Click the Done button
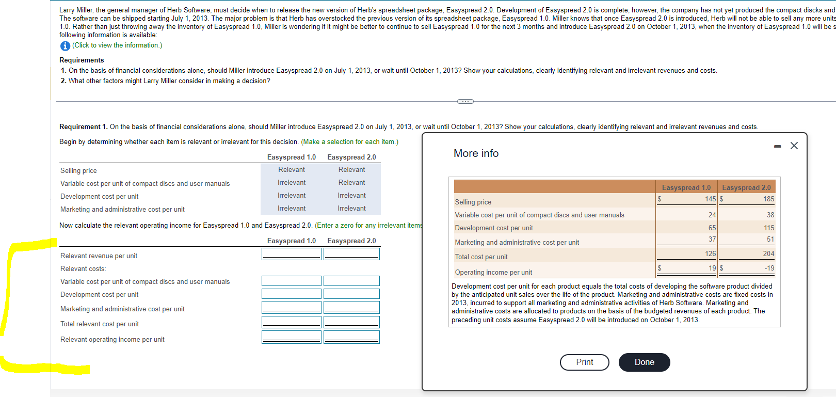point(644,362)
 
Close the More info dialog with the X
point(794,146)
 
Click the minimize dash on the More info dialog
point(778,147)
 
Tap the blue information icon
point(65,46)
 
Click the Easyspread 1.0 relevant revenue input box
point(291,254)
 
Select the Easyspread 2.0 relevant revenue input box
point(351,254)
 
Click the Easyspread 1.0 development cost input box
point(291,294)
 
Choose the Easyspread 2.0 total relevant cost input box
point(351,322)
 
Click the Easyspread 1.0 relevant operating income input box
point(291,337)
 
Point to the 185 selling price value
point(768,199)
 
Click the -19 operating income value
point(769,268)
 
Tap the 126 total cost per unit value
point(710,254)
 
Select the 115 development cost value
point(769,228)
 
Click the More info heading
point(476,153)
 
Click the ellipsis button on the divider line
point(465,101)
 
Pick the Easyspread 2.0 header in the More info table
point(746,187)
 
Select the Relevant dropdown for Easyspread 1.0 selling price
point(292,170)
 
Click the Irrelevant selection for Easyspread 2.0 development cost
point(351,196)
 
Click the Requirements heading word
point(82,60)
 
